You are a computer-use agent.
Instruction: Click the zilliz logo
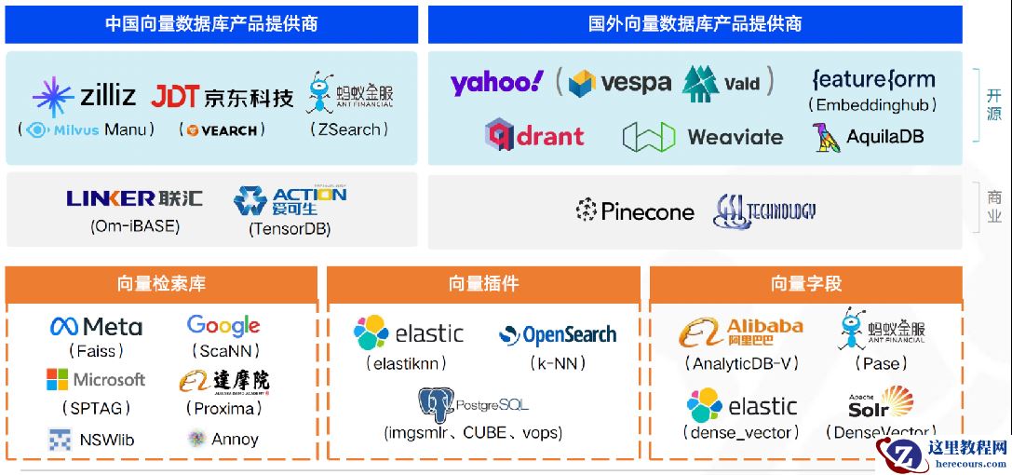pyautogui.click(x=84, y=96)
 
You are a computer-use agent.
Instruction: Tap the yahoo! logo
pyautogui.click(x=496, y=83)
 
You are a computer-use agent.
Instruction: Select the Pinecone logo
pyautogui.click(x=635, y=211)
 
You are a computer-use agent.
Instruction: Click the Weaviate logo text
pyautogui.click(x=735, y=137)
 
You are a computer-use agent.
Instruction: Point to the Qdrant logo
pyautogui.click(x=534, y=136)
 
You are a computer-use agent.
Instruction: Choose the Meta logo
pyautogui.click(x=96, y=327)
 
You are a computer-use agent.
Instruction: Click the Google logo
pyautogui.click(x=223, y=325)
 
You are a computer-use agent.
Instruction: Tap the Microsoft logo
pyautogui.click(x=96, y=380)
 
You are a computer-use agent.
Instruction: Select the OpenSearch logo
pyautogui.click(x=558, y=334)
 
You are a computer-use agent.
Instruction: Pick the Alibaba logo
pyautogui.click(x=741, y=332)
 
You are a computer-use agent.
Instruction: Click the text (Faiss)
pyautogui.click(x=96, y=351)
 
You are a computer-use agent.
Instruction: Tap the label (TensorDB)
pyautogui.click(x=290, y=228)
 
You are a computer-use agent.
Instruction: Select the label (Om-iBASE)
pyautogui.click(x=135, y=225)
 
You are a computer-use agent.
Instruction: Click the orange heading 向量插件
pyautogui.click(x=483, y=284)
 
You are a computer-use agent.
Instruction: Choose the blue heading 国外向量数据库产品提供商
pyautogui.click(x=695, y=24)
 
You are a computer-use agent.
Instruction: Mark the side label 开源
pyautogui.click(x=993, y=104)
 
